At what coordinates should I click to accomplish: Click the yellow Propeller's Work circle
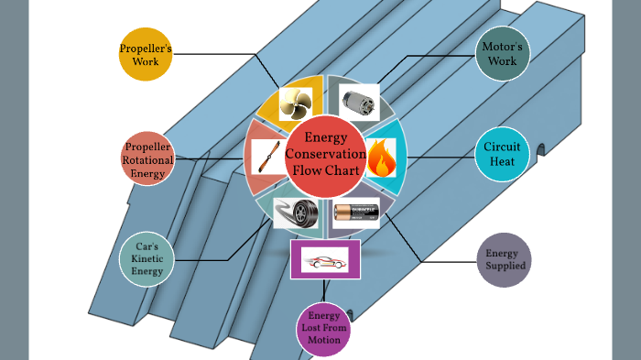(146, 54)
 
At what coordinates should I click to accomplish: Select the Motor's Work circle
(503, 54)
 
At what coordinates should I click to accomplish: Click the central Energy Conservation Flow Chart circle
(326, 157)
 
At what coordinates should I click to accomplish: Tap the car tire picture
(295, 214)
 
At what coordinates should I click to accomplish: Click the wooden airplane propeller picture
(265, 159)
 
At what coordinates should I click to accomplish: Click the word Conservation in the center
(326, 155)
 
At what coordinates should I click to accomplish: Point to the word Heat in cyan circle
(502, 164)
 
